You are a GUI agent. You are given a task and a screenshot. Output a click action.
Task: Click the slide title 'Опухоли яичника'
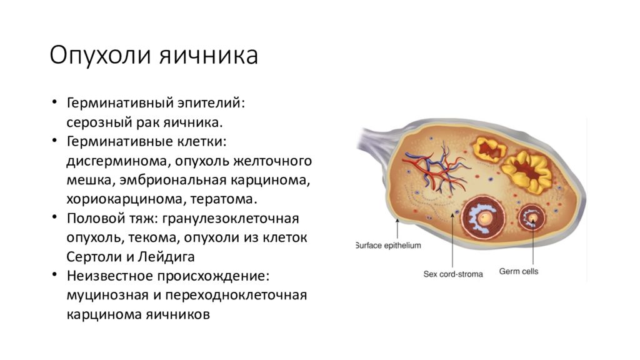[x=154, y=56]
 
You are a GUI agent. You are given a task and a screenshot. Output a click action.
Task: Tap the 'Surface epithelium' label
[x=388, y=245]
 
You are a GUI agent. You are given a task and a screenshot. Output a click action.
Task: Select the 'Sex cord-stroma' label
[x=453, y=274]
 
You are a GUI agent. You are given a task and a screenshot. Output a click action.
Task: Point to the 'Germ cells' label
[x=519, y=271]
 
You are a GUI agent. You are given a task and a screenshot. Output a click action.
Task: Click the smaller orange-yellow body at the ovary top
[x=489, y=149]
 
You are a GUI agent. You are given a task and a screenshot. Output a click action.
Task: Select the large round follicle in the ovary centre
[x=485, y=218]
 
